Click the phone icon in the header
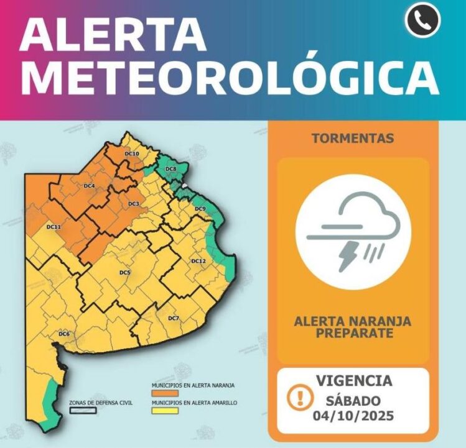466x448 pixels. tap(423, 20)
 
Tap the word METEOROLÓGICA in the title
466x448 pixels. tap(229, 78)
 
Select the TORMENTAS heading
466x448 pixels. tap(353, 139)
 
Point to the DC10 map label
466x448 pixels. tap(131, 153)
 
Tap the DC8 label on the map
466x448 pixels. tap(172, 169)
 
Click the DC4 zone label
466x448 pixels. tap(89, 186)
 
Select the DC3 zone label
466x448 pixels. tap(134, 204)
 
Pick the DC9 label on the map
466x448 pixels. tap(200, 209)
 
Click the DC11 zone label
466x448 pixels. tap(54, 227)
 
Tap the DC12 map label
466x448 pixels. tap(198, 260)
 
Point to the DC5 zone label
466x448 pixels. tap(125, 272)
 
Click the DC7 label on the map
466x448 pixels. tap(174, 318)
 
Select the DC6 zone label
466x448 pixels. tap(64, 334)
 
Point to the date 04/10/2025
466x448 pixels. tap(353, 416)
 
